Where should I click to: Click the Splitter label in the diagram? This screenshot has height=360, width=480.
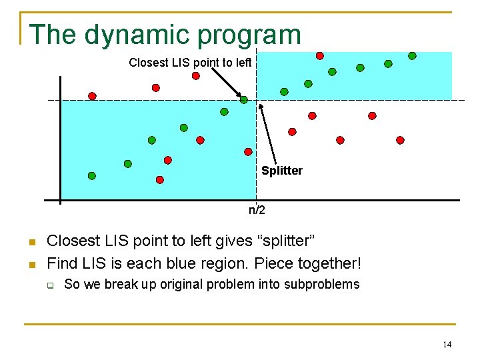[281, 171]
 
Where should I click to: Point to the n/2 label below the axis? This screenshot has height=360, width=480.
[257, 211]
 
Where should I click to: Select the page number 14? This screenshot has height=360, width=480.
[447, 345]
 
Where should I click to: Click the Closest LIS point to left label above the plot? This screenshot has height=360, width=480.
[190, 63]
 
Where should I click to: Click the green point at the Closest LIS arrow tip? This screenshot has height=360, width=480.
[244, 100]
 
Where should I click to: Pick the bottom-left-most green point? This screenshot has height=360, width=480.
[92, 176]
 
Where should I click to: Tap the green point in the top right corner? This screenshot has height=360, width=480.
[412, 56]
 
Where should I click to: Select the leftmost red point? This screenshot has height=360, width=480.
[92, 96]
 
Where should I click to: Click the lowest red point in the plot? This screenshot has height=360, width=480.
[160, 180]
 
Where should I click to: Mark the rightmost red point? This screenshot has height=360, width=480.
[400, 140]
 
